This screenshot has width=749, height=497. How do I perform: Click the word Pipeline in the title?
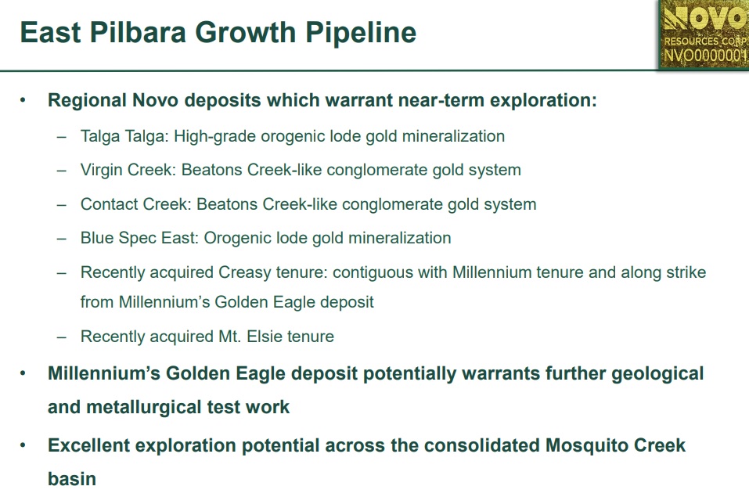click(x=361, y=33)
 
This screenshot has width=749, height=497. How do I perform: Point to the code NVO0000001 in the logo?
click(x=705, y=56)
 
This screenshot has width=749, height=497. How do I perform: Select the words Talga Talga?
click(x=124, y=137)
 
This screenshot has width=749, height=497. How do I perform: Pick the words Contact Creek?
click(x=135, y=204)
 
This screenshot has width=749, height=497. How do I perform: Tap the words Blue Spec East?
click(x=139, y=239)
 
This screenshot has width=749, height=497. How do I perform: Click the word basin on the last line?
click(x=72, y=479)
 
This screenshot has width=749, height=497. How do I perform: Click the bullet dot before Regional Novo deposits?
click(x=23, y=100)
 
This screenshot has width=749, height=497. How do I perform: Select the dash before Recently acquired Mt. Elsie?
click(x=62, y=337)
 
